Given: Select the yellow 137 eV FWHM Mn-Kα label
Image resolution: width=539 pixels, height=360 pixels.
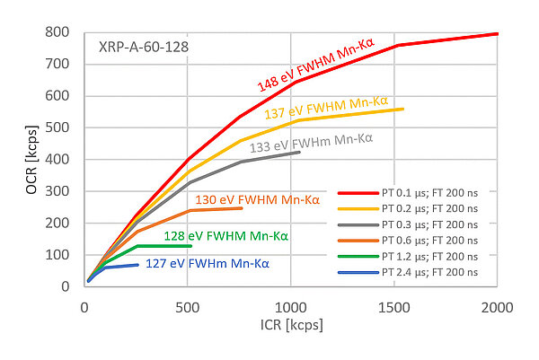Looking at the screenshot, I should point(333,107).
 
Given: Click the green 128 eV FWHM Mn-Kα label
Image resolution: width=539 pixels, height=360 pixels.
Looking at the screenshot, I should point(225,236).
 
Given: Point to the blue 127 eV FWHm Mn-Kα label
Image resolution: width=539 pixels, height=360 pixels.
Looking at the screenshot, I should point(206,265).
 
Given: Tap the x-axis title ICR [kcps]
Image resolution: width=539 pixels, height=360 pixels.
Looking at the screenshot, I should point(289,322).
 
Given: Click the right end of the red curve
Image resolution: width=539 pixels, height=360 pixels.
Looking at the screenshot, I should point(497,34).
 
